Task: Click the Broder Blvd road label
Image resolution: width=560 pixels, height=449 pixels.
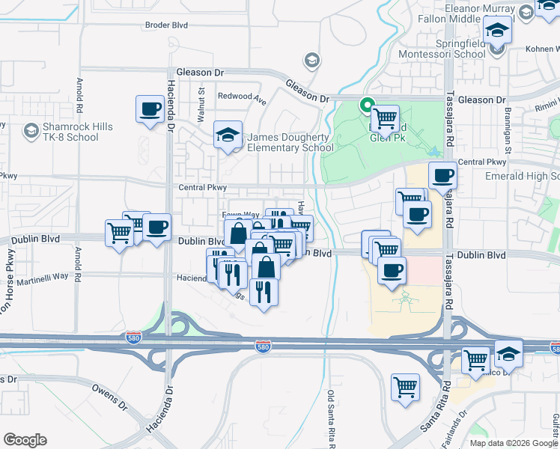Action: pyautogui.click(x=166, y=25)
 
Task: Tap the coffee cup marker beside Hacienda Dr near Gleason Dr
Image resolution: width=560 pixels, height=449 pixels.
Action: pyautogui.click(x=150, y=109)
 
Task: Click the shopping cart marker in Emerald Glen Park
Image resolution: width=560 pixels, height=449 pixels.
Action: pyautogui.click(x=385, y=117)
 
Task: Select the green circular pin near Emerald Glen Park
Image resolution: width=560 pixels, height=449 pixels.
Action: pyautogui.click(x=367, y=105)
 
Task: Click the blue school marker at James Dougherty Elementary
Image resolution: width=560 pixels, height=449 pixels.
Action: pyautogui.click(x=228, y=135)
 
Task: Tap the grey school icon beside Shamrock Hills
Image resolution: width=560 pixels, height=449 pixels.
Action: pyautogui.click(x=31, y=132)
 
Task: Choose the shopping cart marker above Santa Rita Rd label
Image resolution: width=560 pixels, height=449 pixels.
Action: pyautogui.click(x=405, y=388)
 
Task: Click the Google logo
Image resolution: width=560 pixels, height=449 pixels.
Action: pyautogui.click(x=25, y=440)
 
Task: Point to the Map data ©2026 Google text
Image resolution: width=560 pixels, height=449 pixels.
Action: pyautogui.click(x=514, y=443)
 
